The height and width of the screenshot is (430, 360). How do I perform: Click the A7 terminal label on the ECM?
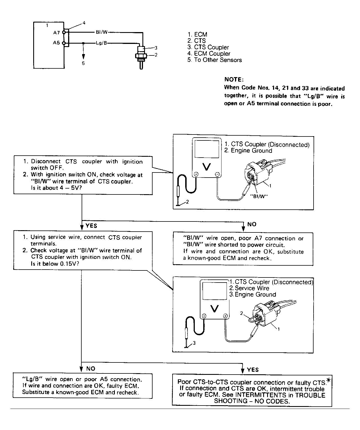pyautogui.click(x=57, y=33)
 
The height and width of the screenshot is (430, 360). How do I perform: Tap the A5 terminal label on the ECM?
pyautogui.click(x=57, y=43)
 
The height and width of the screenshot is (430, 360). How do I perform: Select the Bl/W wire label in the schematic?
pyautogui.click(x=102, y=32)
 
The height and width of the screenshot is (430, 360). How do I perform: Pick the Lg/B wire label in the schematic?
pyautogui.click(x=101, y=43)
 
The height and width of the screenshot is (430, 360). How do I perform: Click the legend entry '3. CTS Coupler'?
pyautogui.click(x=208, y=47)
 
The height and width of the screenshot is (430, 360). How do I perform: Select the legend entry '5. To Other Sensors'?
pyautogui.click(x=214, y=60)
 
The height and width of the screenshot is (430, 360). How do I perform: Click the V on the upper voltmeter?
pyautogui.click(x=207, y=167)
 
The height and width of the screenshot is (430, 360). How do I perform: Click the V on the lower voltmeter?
pyautogui.click(x=214, y=309)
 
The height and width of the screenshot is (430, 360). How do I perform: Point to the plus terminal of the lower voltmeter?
pyautogui.click(x=225, y=316)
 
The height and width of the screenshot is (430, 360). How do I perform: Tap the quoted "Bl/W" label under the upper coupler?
pyautogui.click(x=258, y=197)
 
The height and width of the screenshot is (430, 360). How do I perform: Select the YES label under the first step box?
pyautogui.click(x=91, y=226)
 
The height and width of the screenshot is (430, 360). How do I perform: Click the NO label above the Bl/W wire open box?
pyautogui.click(x=252, y=224)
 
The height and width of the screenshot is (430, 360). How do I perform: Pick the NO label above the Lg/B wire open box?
pyautogui.click(x=91, y=369)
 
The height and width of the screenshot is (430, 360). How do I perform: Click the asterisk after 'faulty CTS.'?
pyautogui.click(x=328, y=381)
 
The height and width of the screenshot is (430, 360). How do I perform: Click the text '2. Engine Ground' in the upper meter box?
pyautogui.click(x=248, y=151)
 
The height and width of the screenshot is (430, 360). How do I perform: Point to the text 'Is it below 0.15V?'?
pyautogui.click(x=52, y=264)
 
